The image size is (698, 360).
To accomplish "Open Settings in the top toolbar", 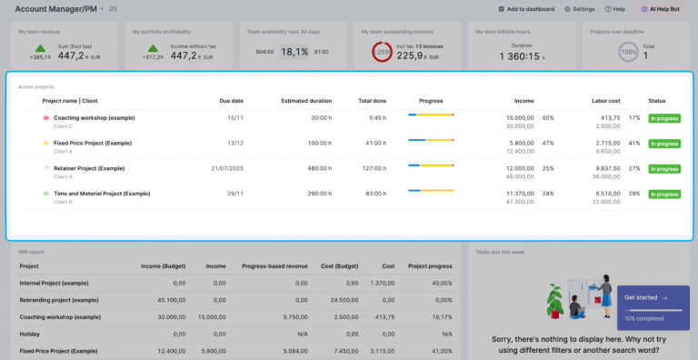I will coord(580,8).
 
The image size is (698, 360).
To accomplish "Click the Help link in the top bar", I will coord(615,8).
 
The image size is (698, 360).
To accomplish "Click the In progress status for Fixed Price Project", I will coord(663,144).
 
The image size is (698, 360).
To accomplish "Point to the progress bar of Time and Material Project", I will coord(431,191).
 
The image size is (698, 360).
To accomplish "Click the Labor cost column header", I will coord(605,100).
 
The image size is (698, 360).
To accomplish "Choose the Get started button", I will coord(645,297).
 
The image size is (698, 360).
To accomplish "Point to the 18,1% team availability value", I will coord(294,52).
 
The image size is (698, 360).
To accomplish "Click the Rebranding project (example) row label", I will coord(59,299).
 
